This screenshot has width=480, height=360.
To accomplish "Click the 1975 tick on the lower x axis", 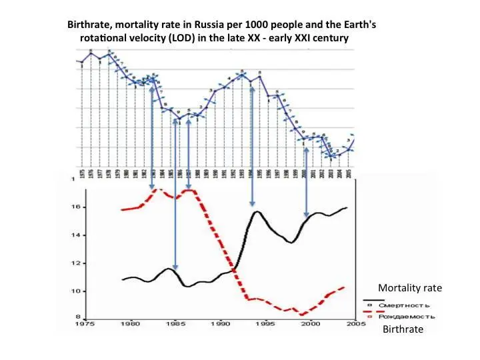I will [x=84, y=324].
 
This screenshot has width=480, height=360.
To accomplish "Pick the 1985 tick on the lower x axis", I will [x=175, y=324].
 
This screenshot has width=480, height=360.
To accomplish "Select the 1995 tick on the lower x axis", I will [x=265, y=324].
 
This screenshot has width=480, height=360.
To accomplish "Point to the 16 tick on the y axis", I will [x=76, y=207].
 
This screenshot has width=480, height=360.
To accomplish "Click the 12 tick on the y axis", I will [x=76, y=263].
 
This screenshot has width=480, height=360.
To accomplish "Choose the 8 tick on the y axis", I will [x=77, y=317].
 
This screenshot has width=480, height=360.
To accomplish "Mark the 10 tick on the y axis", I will [x=76, y=291].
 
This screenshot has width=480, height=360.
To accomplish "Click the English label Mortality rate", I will [x=409, y=287].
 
